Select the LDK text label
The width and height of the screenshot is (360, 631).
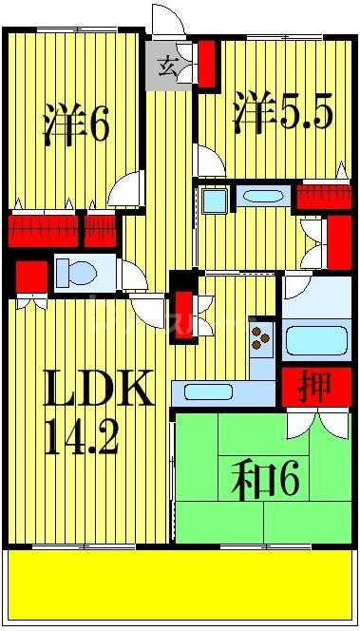tap(99, 390)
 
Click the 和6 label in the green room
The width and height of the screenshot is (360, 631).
tap(266, 479)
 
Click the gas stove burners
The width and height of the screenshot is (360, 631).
tap(261, 337)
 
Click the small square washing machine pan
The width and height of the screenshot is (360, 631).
tap(214, 201)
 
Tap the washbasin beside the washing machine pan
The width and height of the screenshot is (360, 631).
tap(262, 198)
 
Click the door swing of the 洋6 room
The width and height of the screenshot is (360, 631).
tap(125, 190)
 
